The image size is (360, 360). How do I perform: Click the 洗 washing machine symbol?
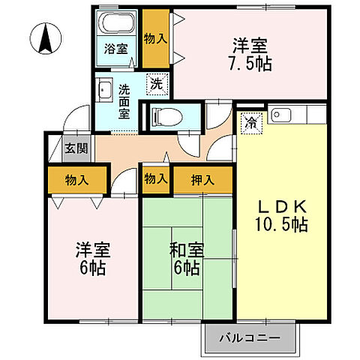coord(156,85)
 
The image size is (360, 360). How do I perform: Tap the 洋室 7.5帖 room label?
coord(250,54)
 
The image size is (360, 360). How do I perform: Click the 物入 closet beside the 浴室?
coord(155,37)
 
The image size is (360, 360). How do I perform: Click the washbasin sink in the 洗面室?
coord(106,91)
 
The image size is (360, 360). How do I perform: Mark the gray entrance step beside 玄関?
coord(54,148)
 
